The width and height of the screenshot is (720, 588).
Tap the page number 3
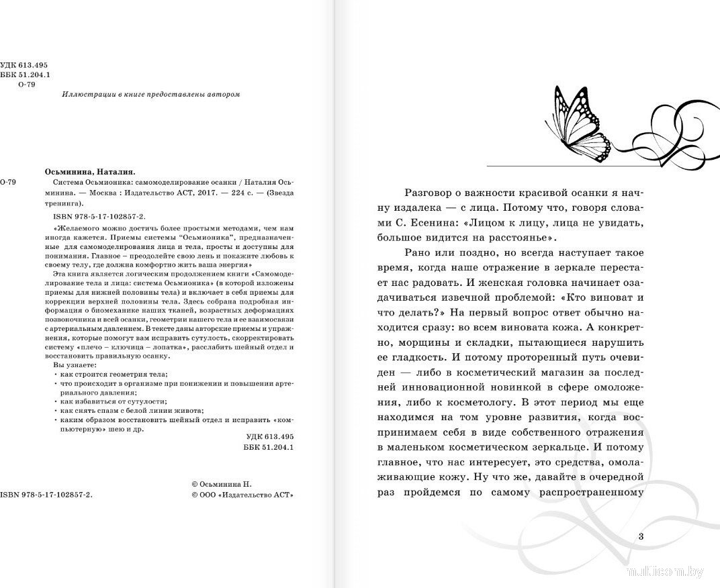641,536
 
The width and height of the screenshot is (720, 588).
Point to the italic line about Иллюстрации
150,95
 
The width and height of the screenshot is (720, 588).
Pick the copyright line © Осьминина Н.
220,483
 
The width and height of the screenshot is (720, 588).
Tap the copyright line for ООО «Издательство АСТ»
242,495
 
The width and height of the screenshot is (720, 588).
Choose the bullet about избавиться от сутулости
104,401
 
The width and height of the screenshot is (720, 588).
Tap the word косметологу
486,403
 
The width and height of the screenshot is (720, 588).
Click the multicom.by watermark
665,572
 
